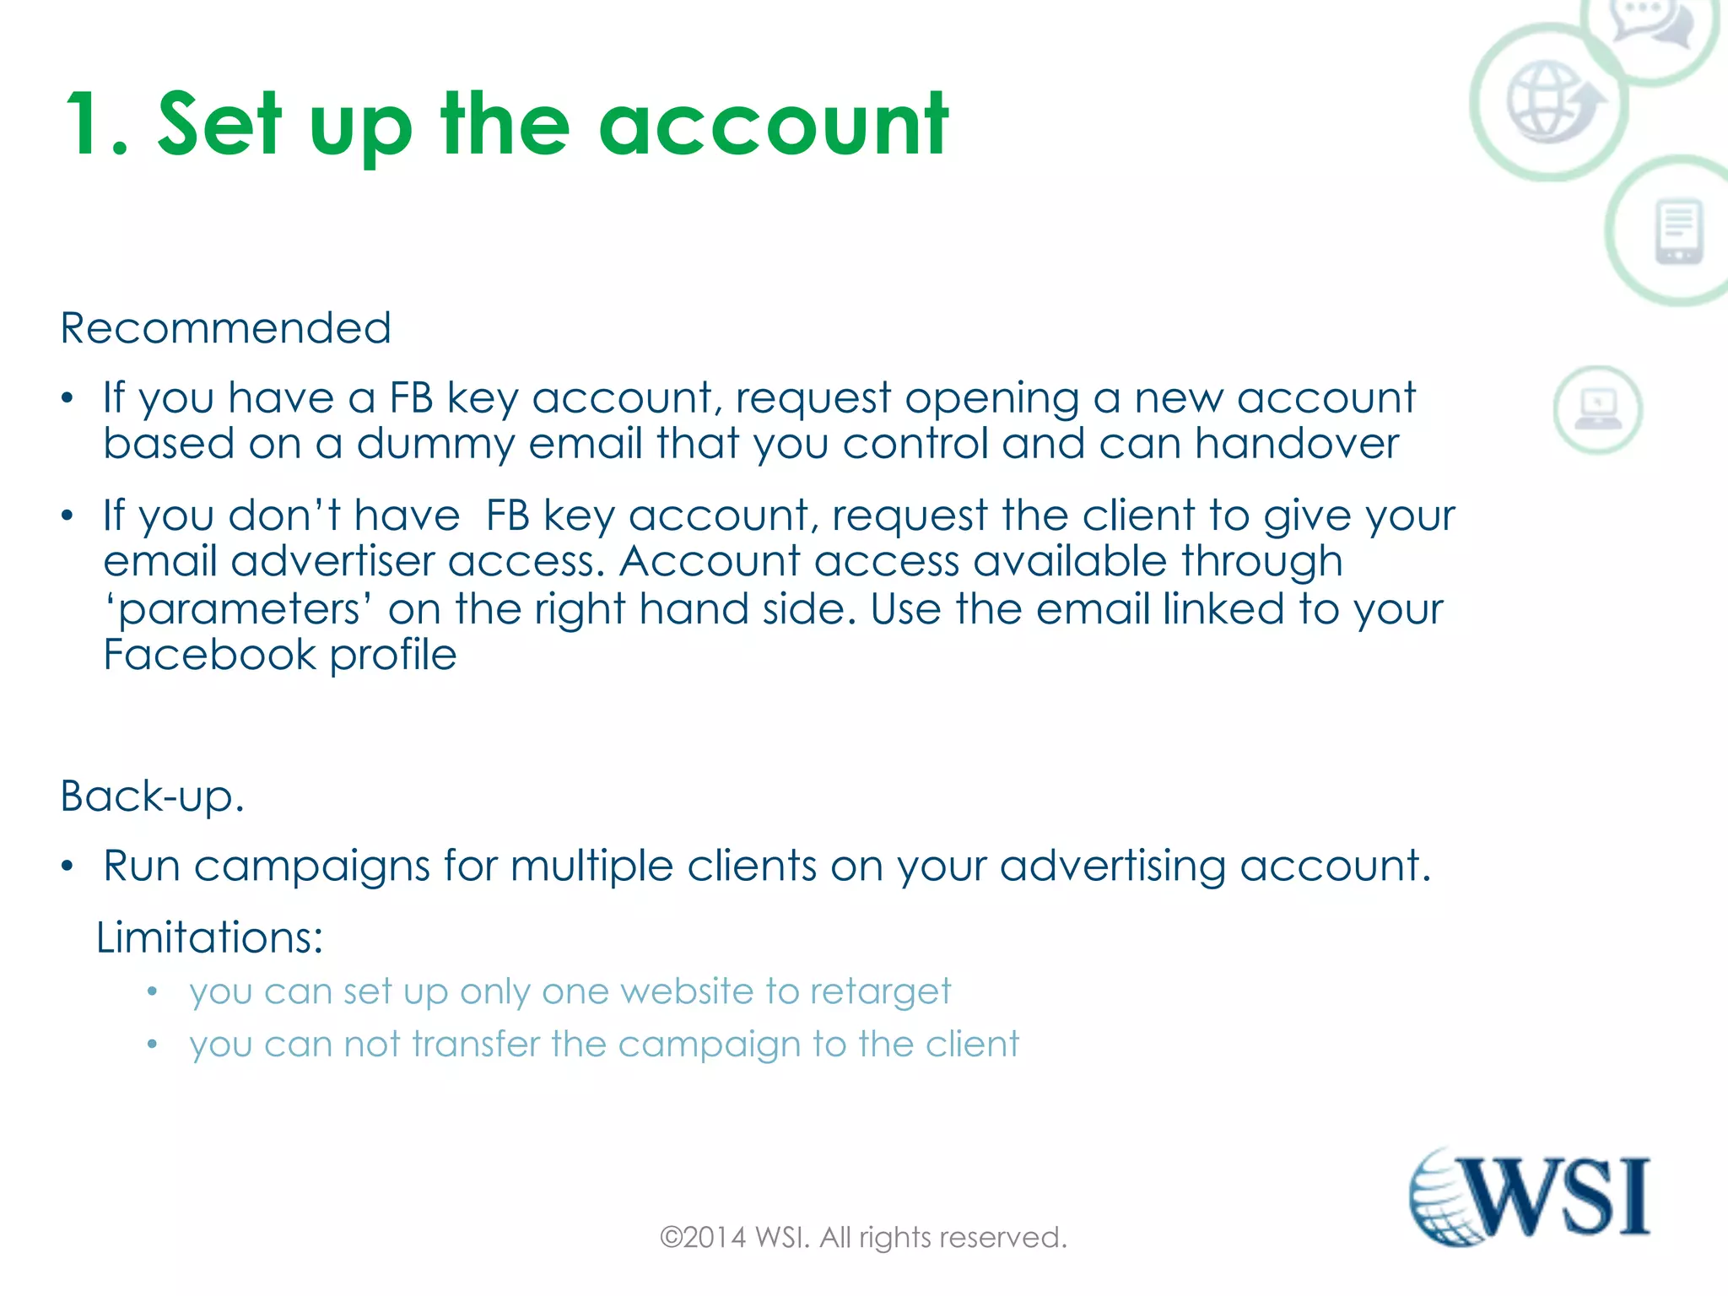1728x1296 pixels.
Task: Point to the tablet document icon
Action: point(1678,231)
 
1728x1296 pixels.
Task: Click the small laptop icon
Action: point(1597,409)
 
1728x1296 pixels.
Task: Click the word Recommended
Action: point(226,327)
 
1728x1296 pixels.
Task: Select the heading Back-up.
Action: point(153,796)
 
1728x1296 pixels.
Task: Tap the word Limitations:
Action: point(209,937)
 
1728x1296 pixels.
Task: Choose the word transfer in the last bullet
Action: point(476,1045)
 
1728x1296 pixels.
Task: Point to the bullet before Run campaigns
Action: point(68,866)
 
